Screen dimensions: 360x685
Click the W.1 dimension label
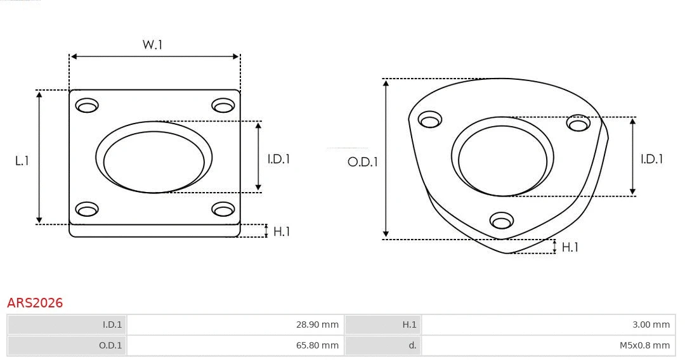click(x=152, y=45)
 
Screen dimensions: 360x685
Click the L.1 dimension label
click(x=22, y=161)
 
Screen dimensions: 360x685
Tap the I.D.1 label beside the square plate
click(x=278, y=159)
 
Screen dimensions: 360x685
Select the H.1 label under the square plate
click(x=281, y=231)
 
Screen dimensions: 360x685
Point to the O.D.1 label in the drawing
click(x=362, y=162)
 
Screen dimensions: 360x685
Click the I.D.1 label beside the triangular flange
click(x=651, y=159)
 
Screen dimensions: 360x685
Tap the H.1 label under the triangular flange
click(x=570, y=247)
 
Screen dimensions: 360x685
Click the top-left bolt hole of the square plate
click(x=87, y=105)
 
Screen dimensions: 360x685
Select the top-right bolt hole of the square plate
click(x=223, y=105)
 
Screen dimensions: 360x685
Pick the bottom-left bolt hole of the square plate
click(x=87, y=209)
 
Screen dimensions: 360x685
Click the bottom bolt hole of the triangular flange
click(x=502, y=221)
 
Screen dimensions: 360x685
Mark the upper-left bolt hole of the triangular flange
click(x=431, y=119)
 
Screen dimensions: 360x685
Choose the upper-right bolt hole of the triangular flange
click(x=578, y=123)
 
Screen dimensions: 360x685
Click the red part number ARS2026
click(x=35, y=303)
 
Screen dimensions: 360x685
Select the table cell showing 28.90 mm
click(x=235, y=325)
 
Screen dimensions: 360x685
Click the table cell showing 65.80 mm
click(x=235, y=345)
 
